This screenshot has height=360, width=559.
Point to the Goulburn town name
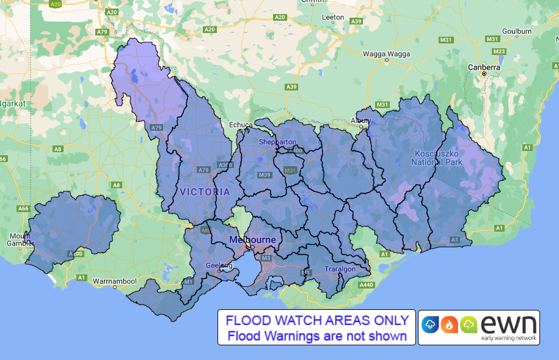pyautogui.click(x=517, y=31)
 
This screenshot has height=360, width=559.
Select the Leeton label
pyautogui.click(x=332, y=17)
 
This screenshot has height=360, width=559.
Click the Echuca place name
pyautogui.click(x=240, y=125)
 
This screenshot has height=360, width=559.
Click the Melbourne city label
pyautogui.click(x=252, y=240)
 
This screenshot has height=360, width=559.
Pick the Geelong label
pyautogui.click(x=218, y=266)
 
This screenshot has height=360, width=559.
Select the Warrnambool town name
pyautogui.click(x=117, y=282)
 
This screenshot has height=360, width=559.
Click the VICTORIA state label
pyautogui.click(x=205, y=192)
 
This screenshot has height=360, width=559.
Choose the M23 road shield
pyautogui.click(x=499, y=51)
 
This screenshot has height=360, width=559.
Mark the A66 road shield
pyautogui.click(x=23, y=208)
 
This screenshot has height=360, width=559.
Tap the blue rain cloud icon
pyautogui.click(x=430, y=325)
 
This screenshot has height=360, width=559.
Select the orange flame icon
pyautogui.click(x=450, y=325)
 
